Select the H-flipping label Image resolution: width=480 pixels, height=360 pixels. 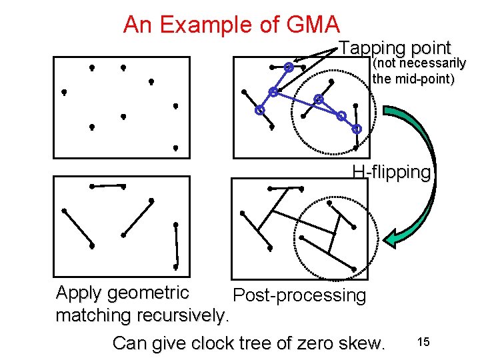[391, 172]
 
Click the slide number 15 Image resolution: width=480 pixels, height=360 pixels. [423, 342]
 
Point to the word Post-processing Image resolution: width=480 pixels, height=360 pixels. [299, 295]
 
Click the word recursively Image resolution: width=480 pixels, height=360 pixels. [185, 315]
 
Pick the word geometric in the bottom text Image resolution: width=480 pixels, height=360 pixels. [148, 293]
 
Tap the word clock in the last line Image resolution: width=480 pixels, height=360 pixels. [212, 343]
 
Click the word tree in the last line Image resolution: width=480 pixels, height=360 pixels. [253, 343]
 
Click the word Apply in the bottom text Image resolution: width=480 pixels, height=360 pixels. [79, 293]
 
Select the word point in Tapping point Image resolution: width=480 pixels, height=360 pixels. [431, 48]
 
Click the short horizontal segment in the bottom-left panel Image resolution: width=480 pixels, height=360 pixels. [108, 186]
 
